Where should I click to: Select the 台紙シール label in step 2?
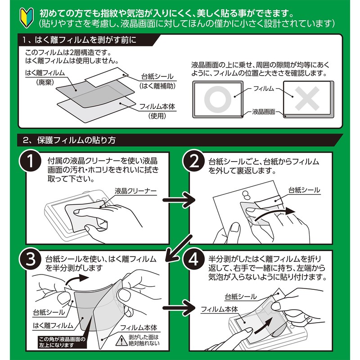coord(304,190)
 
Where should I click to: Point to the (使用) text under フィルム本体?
coord(157,116)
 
